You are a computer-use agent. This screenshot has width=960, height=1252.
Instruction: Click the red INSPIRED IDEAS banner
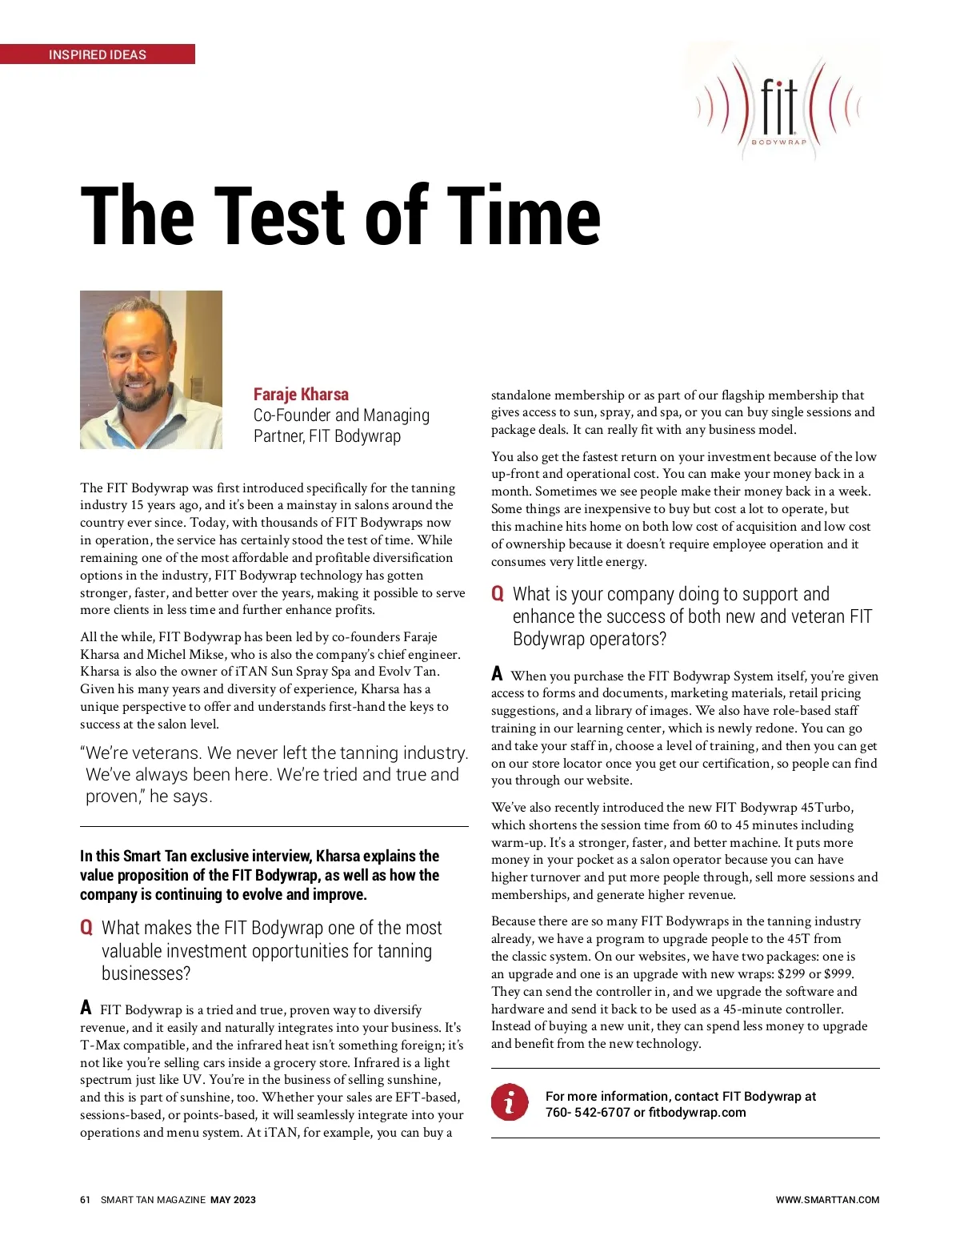point(97,54)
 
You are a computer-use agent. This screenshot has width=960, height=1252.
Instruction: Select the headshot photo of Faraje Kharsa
point(151,369)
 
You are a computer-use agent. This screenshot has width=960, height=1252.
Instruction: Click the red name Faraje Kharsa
point(301,394)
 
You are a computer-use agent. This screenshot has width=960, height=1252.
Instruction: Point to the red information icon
point(510,1102)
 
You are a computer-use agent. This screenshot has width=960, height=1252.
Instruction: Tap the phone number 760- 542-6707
point(587,1113)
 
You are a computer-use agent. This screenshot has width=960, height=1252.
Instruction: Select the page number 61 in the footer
point(85,1200)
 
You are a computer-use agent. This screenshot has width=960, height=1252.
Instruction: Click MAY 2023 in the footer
point(233,1200)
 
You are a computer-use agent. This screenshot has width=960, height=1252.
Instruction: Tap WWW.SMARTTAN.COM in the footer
point(827,1200)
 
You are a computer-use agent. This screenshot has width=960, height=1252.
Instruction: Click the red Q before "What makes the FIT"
point(86,928)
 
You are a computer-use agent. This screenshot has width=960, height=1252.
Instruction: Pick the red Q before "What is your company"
point(498,594)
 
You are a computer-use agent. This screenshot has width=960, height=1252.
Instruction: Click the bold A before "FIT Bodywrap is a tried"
point(86,1007)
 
